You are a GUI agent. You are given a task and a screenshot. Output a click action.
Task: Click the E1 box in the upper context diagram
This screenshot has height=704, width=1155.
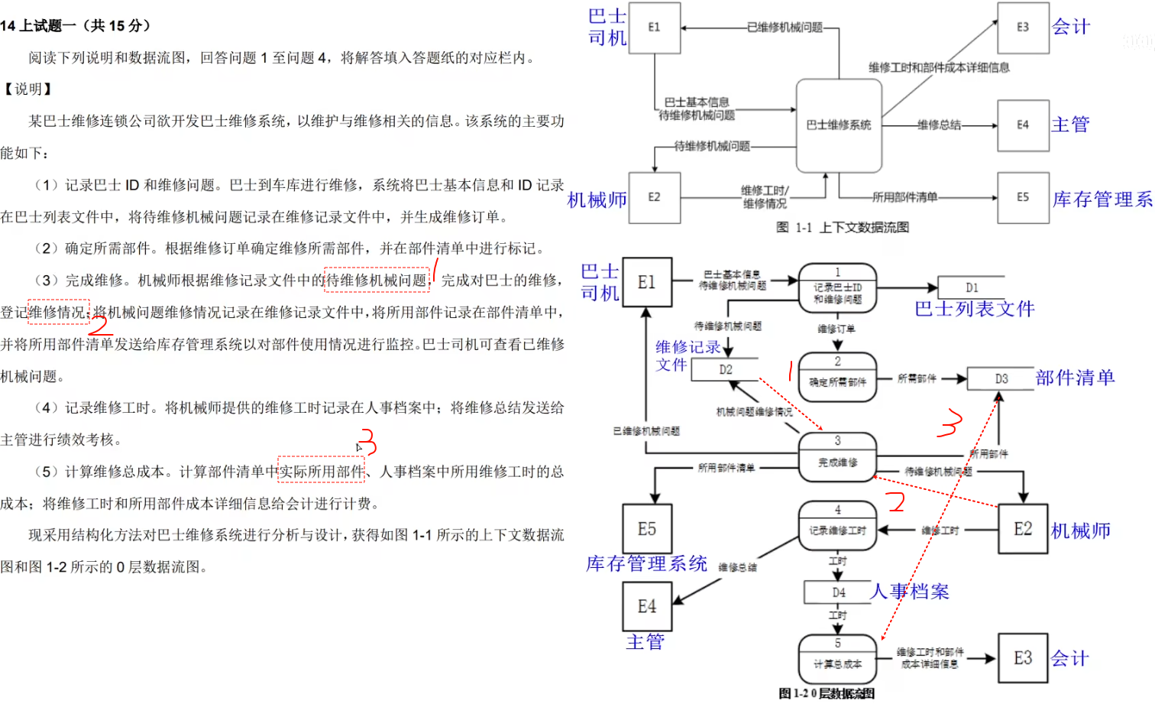coord(654,28)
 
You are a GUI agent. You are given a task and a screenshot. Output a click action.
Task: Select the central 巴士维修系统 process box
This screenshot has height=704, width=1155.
coord(839,125)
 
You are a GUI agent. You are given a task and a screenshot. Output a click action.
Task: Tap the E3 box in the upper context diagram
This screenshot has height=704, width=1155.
coord(1023,28)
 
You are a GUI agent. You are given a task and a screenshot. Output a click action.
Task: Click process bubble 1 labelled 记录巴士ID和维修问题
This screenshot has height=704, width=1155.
coord(837,288)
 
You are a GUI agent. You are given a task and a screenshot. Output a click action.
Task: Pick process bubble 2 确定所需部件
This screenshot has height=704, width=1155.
coord(837,375)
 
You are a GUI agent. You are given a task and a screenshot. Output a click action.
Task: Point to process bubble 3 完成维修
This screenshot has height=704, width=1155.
coord(837,457)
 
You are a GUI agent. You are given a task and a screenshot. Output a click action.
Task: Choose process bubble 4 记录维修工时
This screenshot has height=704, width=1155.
coord(837,525)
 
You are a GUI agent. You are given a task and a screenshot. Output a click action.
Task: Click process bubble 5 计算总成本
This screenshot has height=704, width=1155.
coord(837,658)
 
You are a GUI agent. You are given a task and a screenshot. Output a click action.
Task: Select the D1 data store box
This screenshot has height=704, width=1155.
coord(971,288)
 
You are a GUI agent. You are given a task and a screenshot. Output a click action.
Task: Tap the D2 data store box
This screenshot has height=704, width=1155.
coord(725,369)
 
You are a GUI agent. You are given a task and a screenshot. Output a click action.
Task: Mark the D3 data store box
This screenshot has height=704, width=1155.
coord(1001,378)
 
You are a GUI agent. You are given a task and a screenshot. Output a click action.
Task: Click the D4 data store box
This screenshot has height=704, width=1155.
coord(839,592)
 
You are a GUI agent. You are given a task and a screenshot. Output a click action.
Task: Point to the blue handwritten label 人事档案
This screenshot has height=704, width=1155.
coord(910,592)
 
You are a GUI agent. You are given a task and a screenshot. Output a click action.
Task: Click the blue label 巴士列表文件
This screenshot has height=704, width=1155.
coord(974,309)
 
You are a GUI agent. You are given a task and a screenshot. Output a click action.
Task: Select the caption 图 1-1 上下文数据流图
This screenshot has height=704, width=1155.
coord(842,227)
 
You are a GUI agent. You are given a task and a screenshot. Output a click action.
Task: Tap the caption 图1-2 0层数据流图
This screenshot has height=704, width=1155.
coord(827,693)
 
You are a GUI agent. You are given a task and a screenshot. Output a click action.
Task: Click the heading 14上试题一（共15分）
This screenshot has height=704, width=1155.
coord(76,26)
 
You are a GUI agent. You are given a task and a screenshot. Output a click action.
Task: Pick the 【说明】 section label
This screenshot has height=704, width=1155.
coord(27,89)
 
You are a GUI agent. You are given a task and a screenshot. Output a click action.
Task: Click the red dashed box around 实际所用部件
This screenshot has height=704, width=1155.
coord(321,471)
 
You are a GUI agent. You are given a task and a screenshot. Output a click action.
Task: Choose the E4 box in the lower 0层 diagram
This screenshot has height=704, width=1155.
coord(647,607)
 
